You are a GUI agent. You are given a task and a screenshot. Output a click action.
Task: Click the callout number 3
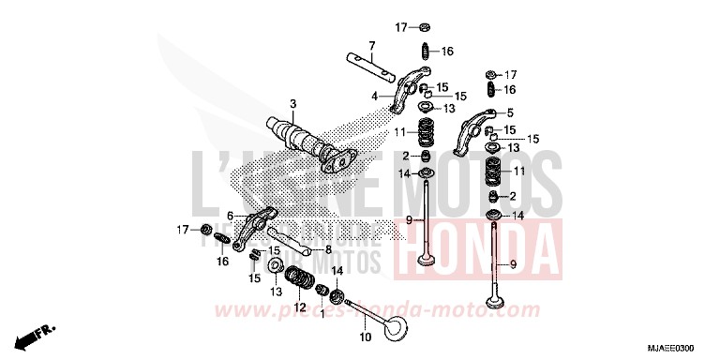[x=292, y=103]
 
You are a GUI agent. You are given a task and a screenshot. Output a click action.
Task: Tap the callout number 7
[x=371, y=45]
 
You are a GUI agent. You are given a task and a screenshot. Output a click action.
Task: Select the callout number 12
[x=300, y=307]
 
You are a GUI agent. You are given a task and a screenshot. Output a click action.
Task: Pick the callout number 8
[x=328, y=250]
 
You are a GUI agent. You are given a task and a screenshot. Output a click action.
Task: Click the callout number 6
[x=230, y=216]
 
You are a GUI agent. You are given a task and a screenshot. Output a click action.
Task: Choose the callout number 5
[x=510, y=112]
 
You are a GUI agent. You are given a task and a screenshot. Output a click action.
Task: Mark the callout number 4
[x=373, y=95]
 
